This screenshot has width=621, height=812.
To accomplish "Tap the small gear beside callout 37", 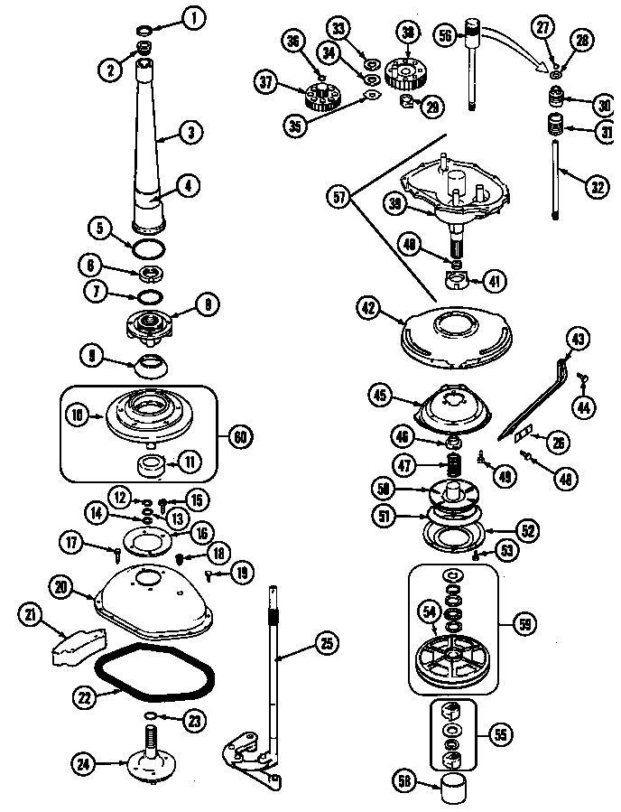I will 316,94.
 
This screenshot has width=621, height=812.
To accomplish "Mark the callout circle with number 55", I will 497,733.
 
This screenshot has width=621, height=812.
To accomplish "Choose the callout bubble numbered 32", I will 596,187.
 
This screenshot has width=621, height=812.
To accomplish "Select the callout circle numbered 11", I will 190,461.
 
